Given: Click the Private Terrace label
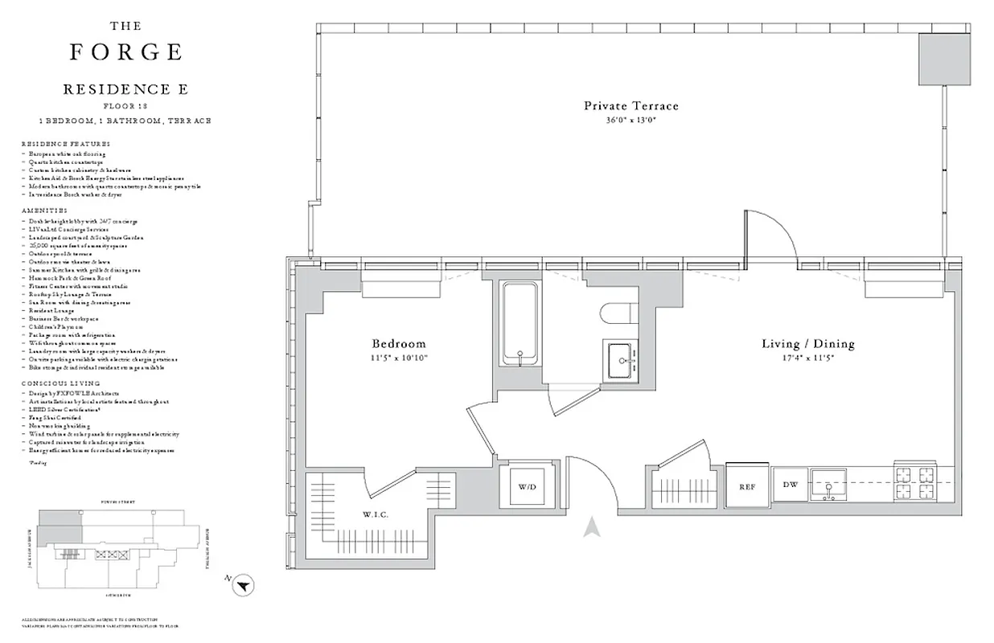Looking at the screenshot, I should click(x=630, y=105).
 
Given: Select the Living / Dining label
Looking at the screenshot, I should click(x=807, y=344).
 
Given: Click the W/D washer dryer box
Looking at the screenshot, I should click(x=527, y=486).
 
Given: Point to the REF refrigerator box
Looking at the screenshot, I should click(x=745, y=486).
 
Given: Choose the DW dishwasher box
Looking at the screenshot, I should click(x=790, y=485).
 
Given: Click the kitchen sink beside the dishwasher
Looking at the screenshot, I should click(x=828, y=485).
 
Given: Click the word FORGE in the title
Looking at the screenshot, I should click(x=125, y=52).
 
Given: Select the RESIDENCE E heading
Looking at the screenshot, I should click(x=125, y=89).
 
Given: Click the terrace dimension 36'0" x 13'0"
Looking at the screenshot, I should click(x=630, y=120).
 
